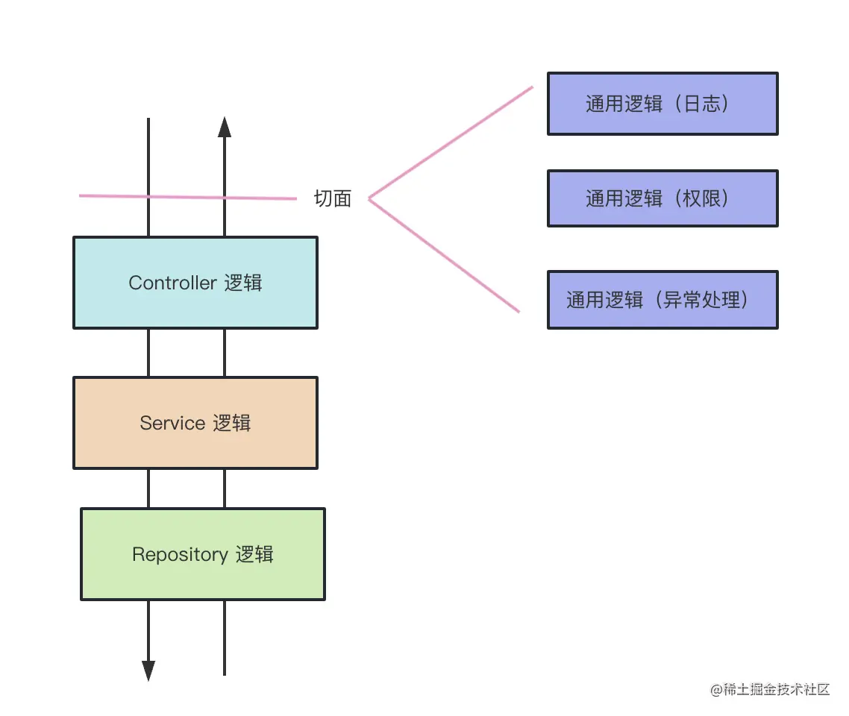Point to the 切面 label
click(333, 198)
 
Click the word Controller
click(172, 283)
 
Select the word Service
click(172, 423)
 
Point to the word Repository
click(180, 554)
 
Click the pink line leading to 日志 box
click(452, 142)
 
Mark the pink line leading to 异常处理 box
click(445, 256)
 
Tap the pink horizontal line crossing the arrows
click(187, 197)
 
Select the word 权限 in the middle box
click(703, 198)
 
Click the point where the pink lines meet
click(370, 198)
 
